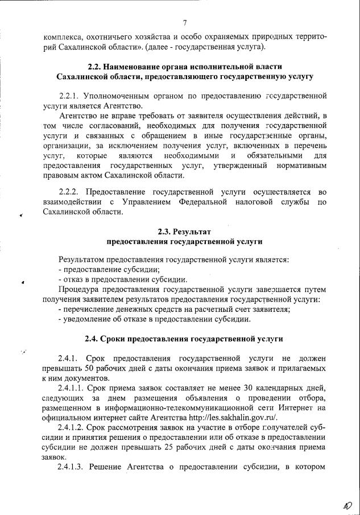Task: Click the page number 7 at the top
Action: click(x=185, y=23)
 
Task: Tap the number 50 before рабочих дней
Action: click(x=83, y=369)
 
